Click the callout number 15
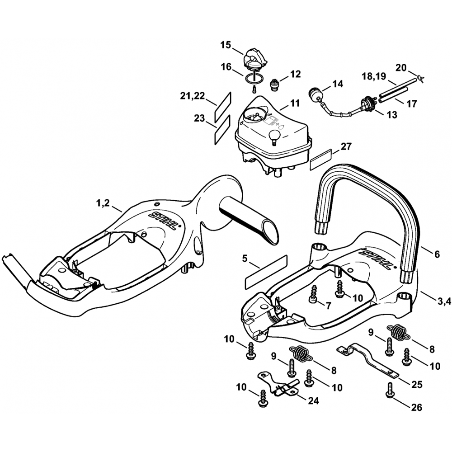coord(226,45)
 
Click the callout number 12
coord(295,74)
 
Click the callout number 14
coord(338,84)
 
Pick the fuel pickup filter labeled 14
coord(315,94)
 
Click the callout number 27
coord(346,146)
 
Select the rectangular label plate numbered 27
coord(321,159)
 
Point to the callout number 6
coord(437,254)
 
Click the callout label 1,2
coord(103,203)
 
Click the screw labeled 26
coord(389,391)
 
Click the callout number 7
coord(328,306)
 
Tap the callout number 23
coord(199,118)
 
